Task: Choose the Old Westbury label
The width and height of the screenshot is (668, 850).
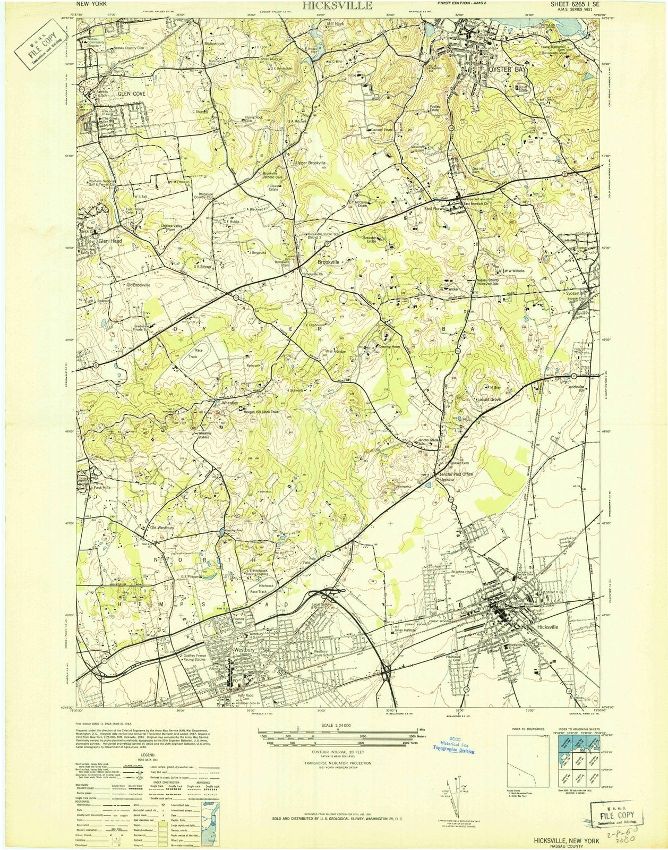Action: click(162, 528)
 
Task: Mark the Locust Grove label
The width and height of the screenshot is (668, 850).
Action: click(490, 398)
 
